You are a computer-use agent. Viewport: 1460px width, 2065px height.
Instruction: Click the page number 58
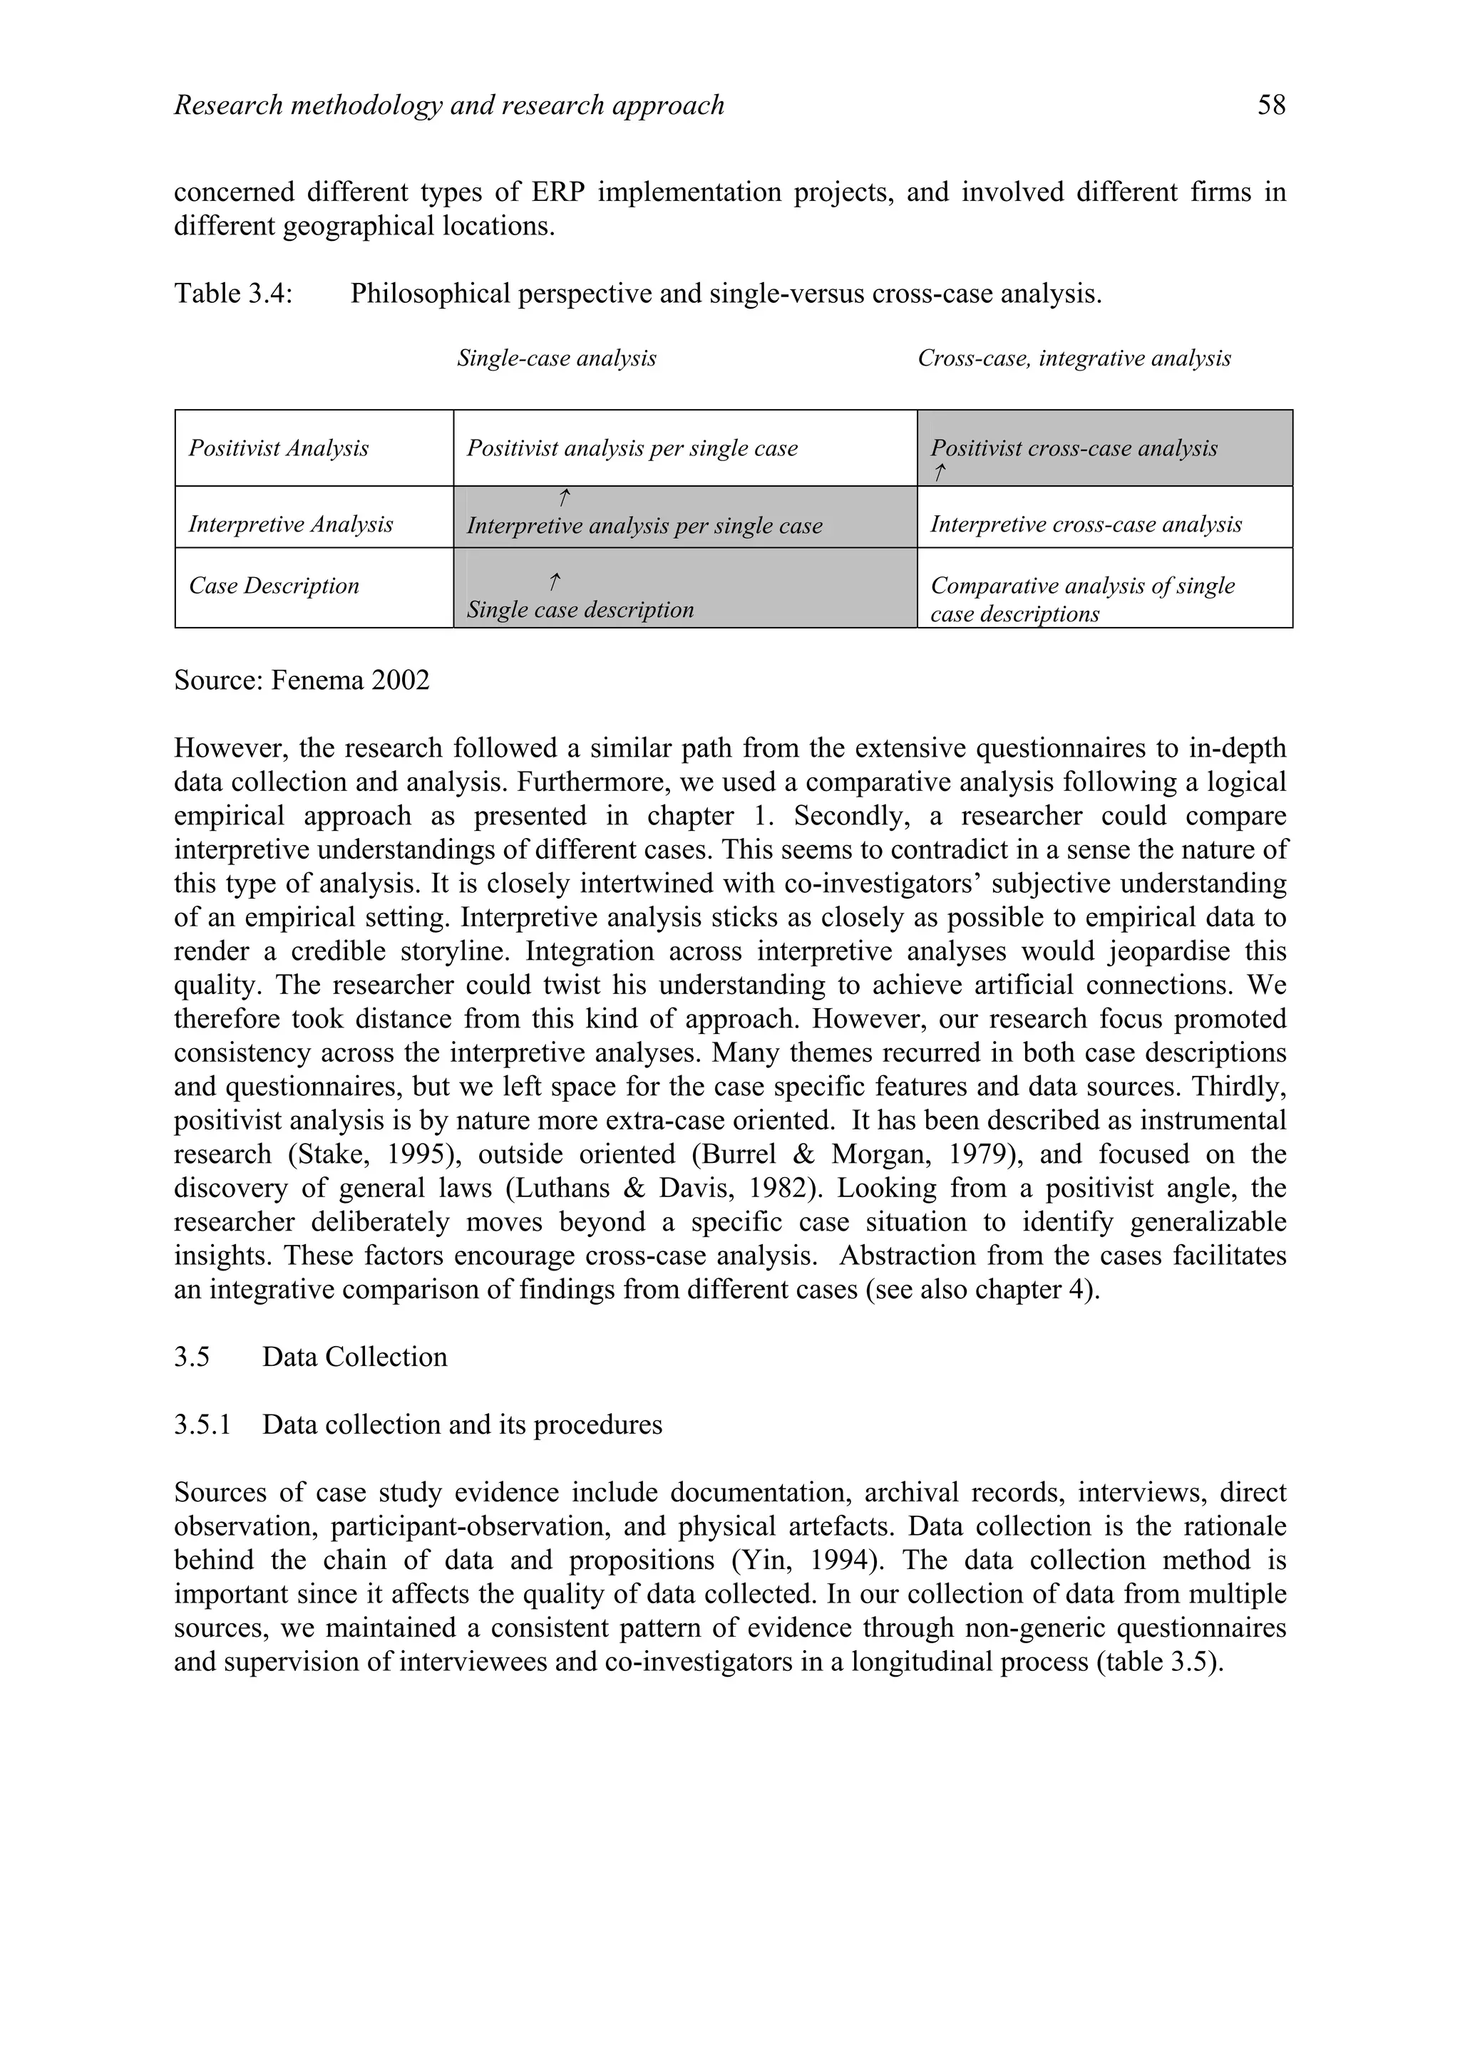pos(1271,106)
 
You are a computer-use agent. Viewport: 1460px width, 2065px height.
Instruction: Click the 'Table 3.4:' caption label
pos(233,294)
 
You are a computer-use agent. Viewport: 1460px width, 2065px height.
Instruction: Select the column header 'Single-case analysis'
pos(556,359)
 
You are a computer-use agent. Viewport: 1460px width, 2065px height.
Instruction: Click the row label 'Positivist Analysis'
pos(278,449)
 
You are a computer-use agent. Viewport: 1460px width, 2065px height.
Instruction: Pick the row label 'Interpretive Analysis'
pos(291,524)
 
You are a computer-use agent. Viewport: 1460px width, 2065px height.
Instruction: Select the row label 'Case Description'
pos(274,586)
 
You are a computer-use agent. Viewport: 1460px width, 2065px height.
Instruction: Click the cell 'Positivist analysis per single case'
pos(632,449)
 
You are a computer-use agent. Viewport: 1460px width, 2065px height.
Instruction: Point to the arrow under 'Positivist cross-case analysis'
pos(939,473)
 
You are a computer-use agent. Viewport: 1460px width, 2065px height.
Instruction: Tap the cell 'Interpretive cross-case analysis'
pos(1086,524)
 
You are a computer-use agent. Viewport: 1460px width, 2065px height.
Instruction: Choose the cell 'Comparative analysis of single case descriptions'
pos(1082,600)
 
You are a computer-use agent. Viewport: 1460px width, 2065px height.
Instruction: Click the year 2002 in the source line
pos(401,680)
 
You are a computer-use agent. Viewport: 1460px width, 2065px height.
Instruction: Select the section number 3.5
pos(192,1357)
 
